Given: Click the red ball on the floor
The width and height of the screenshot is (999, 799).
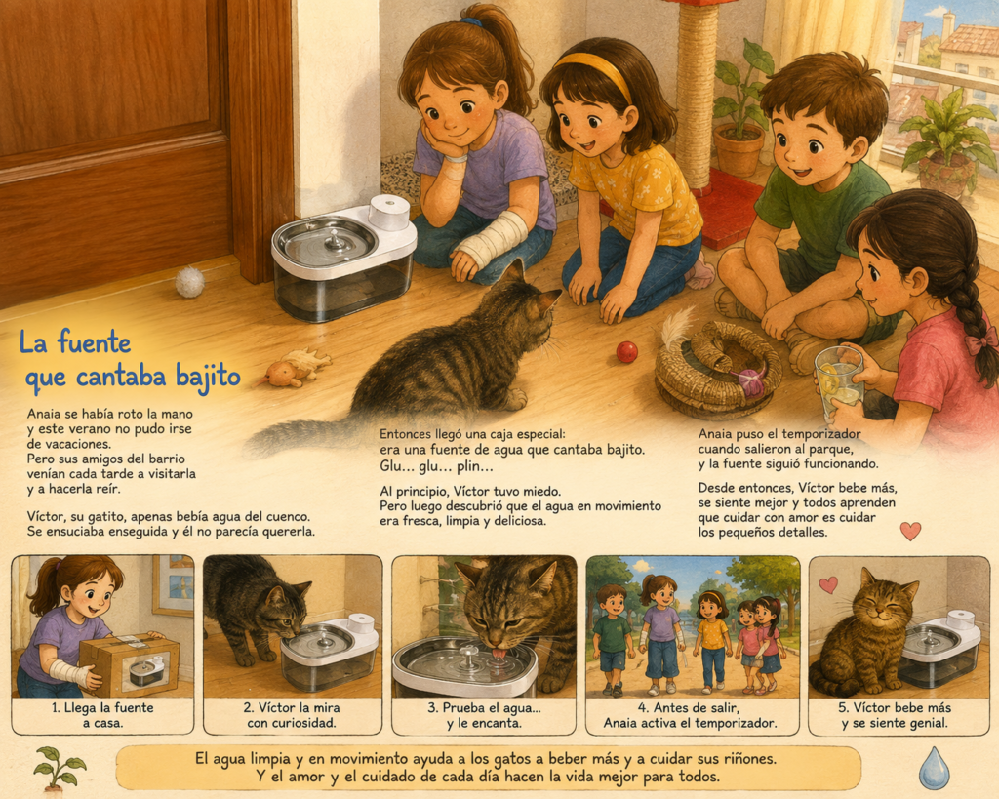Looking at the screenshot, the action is (x=626, y=352).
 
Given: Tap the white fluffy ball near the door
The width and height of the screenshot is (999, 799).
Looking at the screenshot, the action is (x=190, y=282).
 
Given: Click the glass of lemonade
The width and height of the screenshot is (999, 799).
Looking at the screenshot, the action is (x=838, y=382).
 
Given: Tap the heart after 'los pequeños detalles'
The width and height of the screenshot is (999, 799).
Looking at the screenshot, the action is (x=910, y=531).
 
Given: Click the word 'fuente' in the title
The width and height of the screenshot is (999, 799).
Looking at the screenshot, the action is (x=94, y=341).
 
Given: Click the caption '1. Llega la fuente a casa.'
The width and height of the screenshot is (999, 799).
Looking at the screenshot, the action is (x=102, y=715).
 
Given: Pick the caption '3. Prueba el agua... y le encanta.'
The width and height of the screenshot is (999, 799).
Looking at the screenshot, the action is (x=484, y=715).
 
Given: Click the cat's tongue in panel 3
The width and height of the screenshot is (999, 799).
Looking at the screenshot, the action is (x=500, y=653).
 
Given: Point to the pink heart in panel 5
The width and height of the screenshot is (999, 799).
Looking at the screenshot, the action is (x=828, y=585).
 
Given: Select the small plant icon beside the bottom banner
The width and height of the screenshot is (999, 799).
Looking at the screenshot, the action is (x=60, y=768).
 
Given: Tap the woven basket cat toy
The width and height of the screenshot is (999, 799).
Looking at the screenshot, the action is (x=718, y=370).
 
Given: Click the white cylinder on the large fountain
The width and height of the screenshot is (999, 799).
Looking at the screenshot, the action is (x=388, y=212).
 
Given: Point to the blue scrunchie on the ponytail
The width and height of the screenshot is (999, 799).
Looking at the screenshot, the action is (x=471, y=22).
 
